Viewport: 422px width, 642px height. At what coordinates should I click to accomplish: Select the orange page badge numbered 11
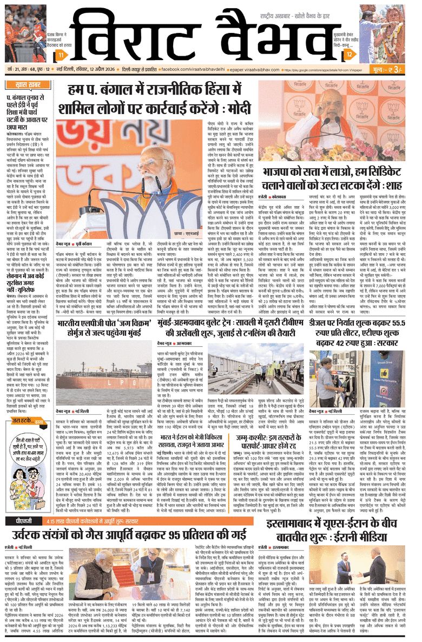[62, 56]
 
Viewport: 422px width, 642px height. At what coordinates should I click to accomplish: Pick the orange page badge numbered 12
[349, 55]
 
